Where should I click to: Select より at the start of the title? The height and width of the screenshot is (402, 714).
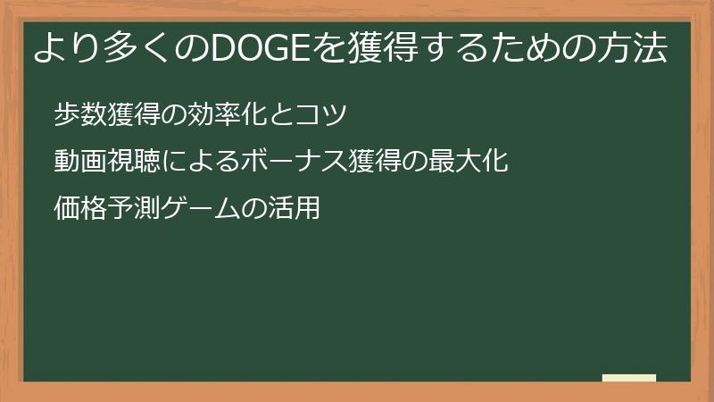tap(62, 50)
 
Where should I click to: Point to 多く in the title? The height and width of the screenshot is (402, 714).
tap(128, 50)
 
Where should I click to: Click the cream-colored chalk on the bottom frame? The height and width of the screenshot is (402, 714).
tap(628, 379)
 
